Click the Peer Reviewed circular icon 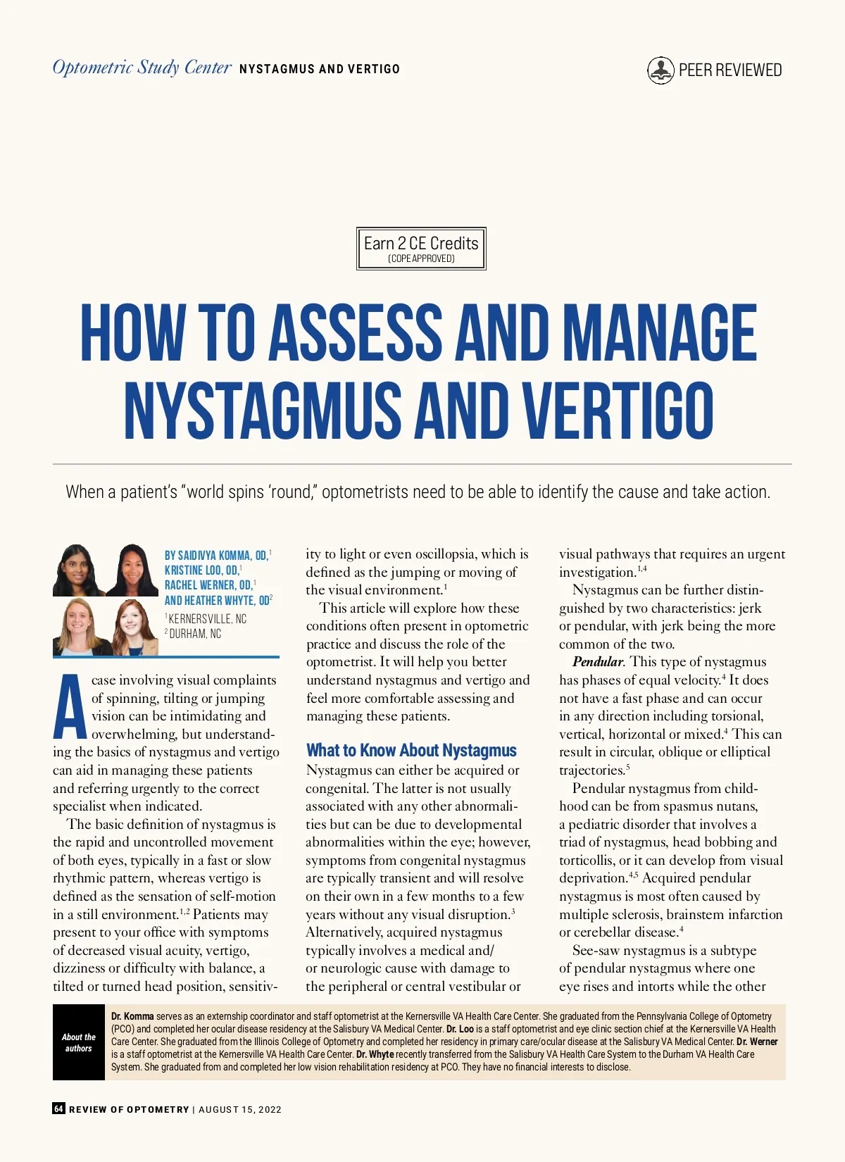click(661, 70)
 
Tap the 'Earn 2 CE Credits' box click(421, 248)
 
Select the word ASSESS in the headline click(356, 332)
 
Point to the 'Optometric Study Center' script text click(142, 68)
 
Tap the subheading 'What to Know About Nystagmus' click(411, 751)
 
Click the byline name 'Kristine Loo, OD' click(201, 570)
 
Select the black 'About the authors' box click(78, 1042)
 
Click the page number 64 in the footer click(58, 1108)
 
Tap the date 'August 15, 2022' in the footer click(240, 1109)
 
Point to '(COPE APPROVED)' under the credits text click(421, 258)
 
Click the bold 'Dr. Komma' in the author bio click(132, 1016)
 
